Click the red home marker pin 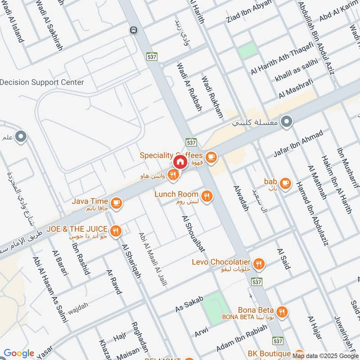click(x=180, y=162)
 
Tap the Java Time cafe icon click(x=117, y=203)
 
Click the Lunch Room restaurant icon click(x=207, y=196)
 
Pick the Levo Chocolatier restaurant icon click(x=258, y=264)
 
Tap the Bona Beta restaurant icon click(x=282, y=312)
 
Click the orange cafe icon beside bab click(x=285, y=183)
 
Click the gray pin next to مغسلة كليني click(x=286, y=121)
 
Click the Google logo click(x=19, y=353)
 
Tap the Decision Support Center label click(x=42, y=82)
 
